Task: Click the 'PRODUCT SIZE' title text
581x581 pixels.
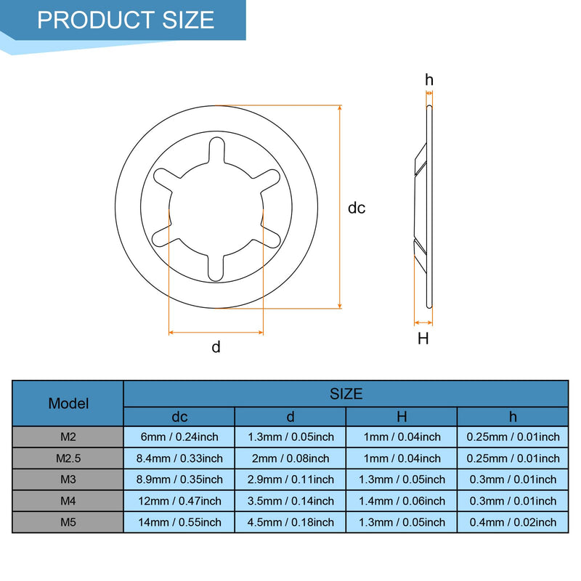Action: coord(126,20)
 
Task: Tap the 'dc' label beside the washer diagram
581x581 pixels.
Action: coord(357,208)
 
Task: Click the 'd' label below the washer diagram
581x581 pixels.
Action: coord(216,347)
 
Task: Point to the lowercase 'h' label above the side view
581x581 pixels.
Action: coord(429,80)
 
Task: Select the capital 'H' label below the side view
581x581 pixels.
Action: coord(423,338)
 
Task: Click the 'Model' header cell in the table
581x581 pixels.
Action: coord(68,404)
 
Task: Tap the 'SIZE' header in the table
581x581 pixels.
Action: coord(346,394)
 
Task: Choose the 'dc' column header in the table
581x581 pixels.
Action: coord(179,417)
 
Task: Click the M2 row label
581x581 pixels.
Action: coord(68,437)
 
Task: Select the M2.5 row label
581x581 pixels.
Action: coord(68,458)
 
